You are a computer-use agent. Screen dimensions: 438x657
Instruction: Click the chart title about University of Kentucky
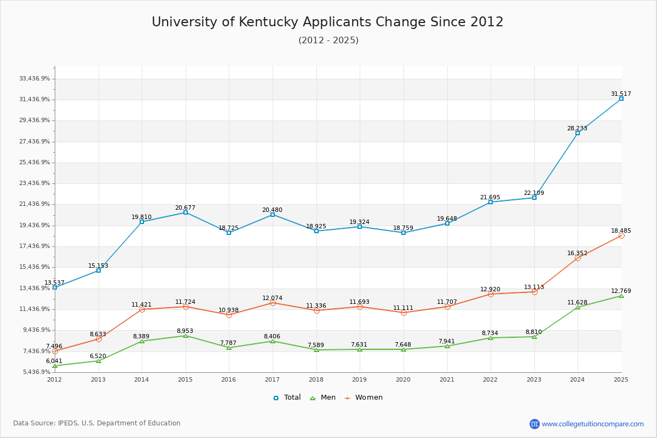[x=327, y=22]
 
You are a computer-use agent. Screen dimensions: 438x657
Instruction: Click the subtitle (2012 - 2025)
[x=328, y=41]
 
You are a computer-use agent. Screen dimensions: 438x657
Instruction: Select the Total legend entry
[x=287, y=397]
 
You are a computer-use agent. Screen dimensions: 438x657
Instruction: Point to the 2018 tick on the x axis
[x=316, y=379]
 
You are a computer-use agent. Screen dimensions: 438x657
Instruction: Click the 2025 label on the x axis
[x=621, y=379]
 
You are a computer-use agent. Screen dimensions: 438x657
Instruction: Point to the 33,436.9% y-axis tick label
[x=34, y=79]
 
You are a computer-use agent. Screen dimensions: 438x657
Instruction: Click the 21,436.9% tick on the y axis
[x=34, y=204]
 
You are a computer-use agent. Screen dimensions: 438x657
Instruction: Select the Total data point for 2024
[x=578, y=133]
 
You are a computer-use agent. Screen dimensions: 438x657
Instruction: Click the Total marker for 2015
[x=186, y=212]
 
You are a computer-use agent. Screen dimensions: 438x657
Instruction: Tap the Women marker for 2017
[x=273, y=303]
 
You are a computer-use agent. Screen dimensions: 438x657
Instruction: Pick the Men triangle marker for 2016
[x=229, y=348]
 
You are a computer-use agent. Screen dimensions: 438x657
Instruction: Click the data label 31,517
[x=621, y=94]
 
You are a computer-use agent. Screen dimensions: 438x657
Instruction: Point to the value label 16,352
[x=577, y=253]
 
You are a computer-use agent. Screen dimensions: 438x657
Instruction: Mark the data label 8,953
[x=185, y=331]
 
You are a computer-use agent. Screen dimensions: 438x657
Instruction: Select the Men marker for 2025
[x=621, y=296]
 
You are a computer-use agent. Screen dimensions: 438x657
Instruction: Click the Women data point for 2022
[x=491, y=294]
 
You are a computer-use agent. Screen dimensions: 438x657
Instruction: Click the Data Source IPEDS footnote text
[x=97, y=423]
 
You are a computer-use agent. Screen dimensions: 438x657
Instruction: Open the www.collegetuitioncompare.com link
[x=592, y=424]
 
